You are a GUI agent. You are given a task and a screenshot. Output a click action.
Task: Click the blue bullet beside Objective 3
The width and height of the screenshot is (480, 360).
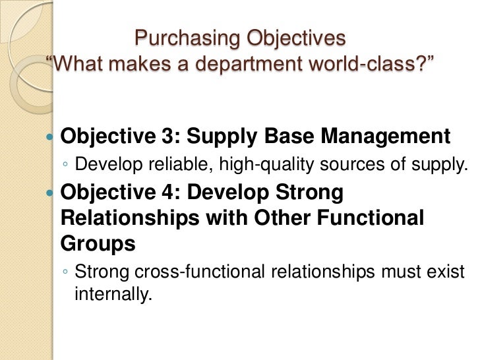(x=51, y=138)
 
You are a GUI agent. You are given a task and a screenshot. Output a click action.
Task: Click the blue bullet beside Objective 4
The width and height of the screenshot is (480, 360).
(x=51, y=193)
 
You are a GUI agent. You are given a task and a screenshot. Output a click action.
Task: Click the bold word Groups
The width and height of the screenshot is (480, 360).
(x=98, y=244)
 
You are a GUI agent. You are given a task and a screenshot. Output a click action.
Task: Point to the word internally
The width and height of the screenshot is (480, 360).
(x=112, y=294)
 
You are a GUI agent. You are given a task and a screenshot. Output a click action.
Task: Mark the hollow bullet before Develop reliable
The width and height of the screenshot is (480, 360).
(x=65, y=165)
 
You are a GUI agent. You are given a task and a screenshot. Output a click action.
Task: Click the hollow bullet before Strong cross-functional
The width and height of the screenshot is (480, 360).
(x=65, y=272)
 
